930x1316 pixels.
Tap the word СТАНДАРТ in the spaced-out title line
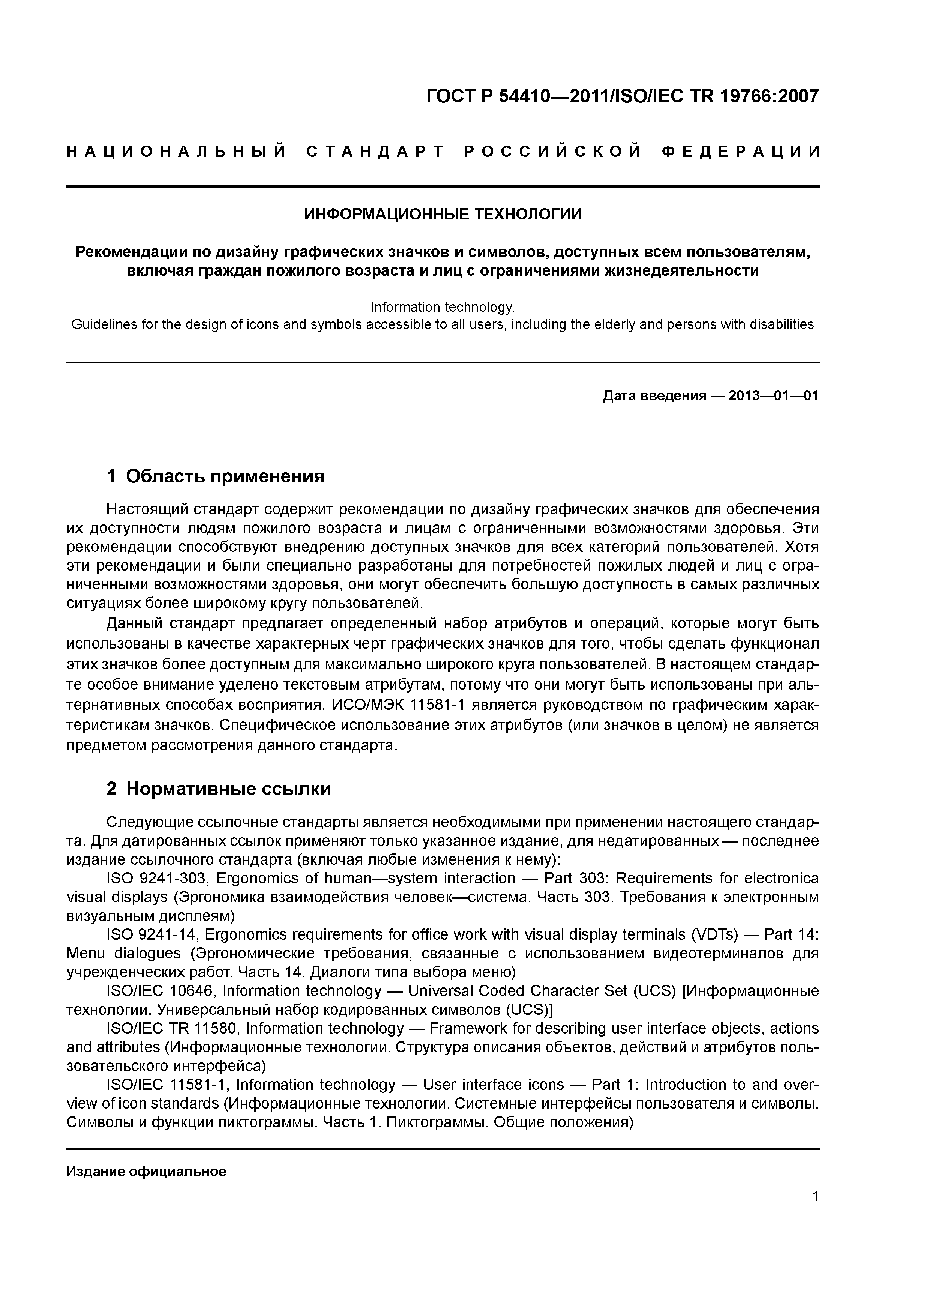[x=375, y=152]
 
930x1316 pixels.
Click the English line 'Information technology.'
[x=442, y=307]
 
